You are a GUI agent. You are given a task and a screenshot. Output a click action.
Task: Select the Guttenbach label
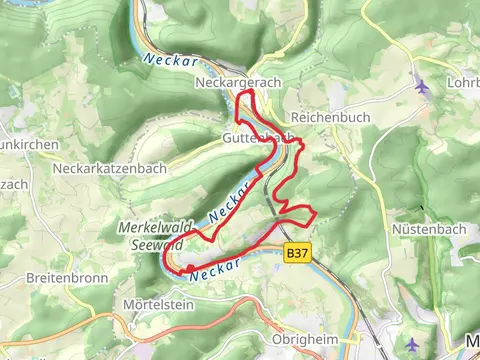(x=258, y=137)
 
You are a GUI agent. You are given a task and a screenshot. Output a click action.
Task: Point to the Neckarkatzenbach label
(x=110, y=168)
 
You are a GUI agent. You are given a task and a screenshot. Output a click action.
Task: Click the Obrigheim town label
(x=306, y=339)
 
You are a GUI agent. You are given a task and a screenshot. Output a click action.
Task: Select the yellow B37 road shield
(x=296, y=255)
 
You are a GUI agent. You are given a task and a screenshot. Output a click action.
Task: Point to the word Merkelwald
(x=155, y=228)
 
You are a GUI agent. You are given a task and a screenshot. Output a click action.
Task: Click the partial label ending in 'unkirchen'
(x=20, y=142)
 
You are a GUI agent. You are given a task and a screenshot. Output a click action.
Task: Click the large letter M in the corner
(x=472, y=341)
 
